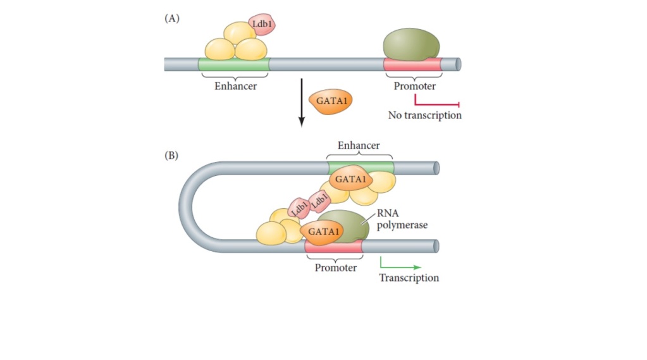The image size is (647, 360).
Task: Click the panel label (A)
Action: (172, 18)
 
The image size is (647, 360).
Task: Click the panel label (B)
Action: (172, 156)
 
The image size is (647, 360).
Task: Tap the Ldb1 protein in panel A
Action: (261, 25)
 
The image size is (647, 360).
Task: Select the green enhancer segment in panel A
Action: (234, 65)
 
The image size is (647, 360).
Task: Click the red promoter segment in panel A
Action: (412, 65)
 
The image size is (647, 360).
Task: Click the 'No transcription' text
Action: (424, 116)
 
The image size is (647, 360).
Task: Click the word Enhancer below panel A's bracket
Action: (235, 86)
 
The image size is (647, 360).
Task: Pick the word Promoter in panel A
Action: (415, 86)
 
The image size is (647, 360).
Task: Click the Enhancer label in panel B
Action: (359, 146)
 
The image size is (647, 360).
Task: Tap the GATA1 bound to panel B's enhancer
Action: (351, 179)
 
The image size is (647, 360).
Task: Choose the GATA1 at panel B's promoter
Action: (324, 232)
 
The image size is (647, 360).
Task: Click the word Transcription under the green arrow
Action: (409, 278)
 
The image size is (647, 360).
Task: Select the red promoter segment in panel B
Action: (334, 246)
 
